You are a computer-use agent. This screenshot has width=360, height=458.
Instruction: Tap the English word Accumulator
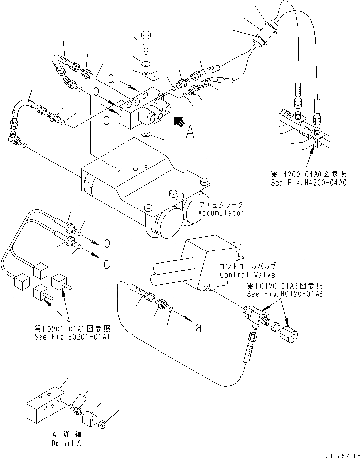coord(222,213)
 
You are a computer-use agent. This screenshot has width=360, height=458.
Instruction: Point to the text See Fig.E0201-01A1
coord(68,337)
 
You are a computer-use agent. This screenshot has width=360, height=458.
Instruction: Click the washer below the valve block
coord(146,134)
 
